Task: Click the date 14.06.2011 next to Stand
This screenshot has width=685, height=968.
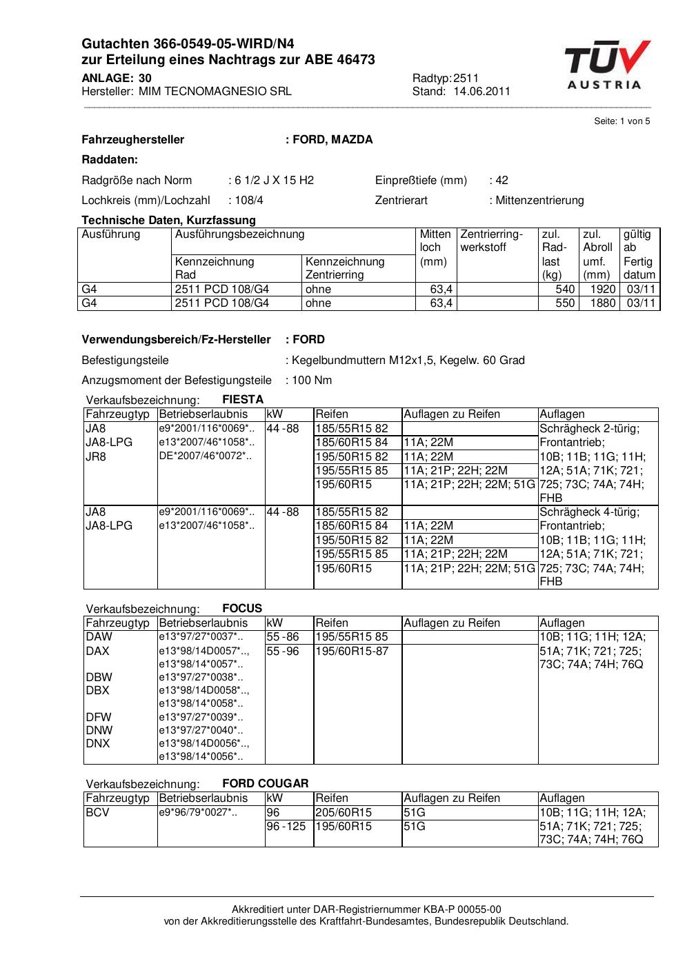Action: [482, 91]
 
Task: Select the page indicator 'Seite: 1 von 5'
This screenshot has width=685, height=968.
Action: [622, 121]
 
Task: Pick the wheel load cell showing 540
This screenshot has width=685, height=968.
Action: [565, 290]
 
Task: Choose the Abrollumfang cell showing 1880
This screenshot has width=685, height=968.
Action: [602, 303]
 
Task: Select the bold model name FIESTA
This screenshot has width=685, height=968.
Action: [243, 399]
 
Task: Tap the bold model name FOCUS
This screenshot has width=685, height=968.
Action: [242, 608]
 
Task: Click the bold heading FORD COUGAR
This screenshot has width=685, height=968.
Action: [266, 783]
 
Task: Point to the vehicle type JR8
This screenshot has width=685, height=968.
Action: [96, 456]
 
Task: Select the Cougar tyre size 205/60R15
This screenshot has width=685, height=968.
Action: [344, 812]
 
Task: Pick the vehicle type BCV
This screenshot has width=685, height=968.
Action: [98, 812]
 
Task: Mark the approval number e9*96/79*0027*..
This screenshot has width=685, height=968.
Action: [198, 812]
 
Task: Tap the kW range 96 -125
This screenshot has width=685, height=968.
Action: [286, 826]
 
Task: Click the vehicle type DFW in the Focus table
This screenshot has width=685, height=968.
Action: [99, 717]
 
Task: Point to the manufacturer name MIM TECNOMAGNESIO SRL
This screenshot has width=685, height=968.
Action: [215, 91]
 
